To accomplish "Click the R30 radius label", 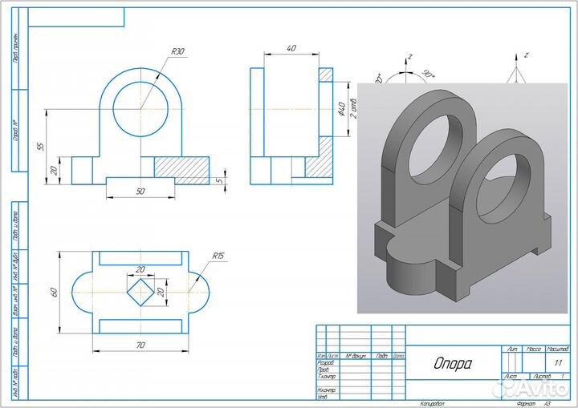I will (177, 52).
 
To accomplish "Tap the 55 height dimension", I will (40, 147).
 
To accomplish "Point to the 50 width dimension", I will (140, 192).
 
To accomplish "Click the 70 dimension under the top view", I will (140, 345).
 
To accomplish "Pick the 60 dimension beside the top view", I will (55, 291).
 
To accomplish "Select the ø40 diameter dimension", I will (341, 109).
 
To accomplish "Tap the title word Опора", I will (453, 364).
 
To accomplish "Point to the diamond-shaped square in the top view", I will (141, 291).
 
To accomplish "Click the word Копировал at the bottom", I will (431, 403).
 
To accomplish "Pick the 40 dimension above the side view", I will (291, 49).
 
